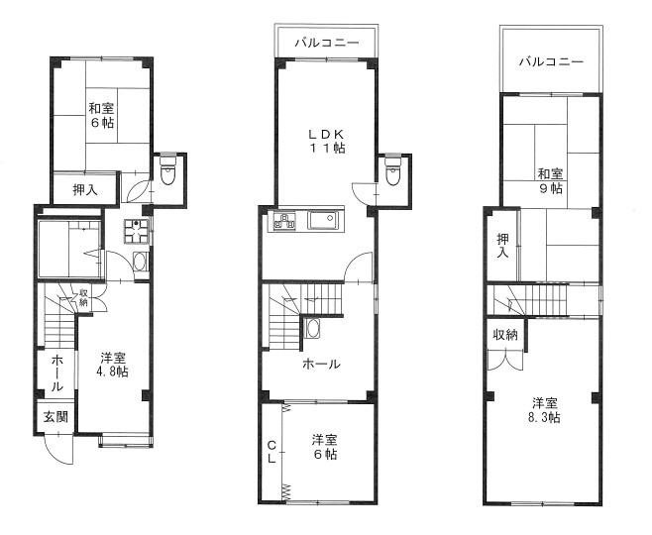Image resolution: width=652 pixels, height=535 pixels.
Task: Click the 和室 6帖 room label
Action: click(101, 116)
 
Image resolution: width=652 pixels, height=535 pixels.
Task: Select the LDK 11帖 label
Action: click(326, 141)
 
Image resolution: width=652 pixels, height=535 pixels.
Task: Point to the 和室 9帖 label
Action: click(550, 181)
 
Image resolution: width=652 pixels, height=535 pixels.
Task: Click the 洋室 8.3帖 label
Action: click(544, 410)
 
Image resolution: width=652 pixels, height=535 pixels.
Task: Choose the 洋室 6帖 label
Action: click(325, 447)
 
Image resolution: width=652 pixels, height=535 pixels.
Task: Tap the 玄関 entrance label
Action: click(56, 416)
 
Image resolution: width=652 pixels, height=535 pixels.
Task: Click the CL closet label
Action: click(272, 453)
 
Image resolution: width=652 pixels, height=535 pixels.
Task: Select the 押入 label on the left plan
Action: click(85, 189)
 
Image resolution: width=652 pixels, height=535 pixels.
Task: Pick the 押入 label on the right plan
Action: click(503, 246)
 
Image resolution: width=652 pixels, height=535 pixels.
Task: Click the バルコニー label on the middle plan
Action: click(327, 43)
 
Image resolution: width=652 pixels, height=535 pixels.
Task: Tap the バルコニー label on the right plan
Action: click(551, 62)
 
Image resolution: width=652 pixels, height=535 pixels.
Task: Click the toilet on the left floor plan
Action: click(168, 170)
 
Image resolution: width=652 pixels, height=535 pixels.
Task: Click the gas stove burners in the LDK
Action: click(284, 220)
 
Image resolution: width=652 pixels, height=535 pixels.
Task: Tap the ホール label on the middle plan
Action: click(321, 365)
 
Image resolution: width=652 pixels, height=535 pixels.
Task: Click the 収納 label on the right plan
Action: click(505, 335)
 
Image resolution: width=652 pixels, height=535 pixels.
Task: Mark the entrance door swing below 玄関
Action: click(58, 450)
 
